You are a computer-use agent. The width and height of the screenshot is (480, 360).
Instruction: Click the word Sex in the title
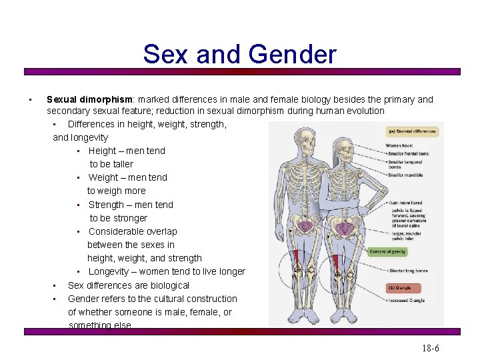165,54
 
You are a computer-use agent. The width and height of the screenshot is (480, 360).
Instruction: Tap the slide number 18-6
430,348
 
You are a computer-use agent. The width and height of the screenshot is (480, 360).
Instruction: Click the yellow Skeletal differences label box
413,131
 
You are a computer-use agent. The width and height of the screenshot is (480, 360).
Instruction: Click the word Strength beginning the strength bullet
107,205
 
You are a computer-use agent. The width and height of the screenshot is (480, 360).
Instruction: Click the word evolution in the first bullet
364,111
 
